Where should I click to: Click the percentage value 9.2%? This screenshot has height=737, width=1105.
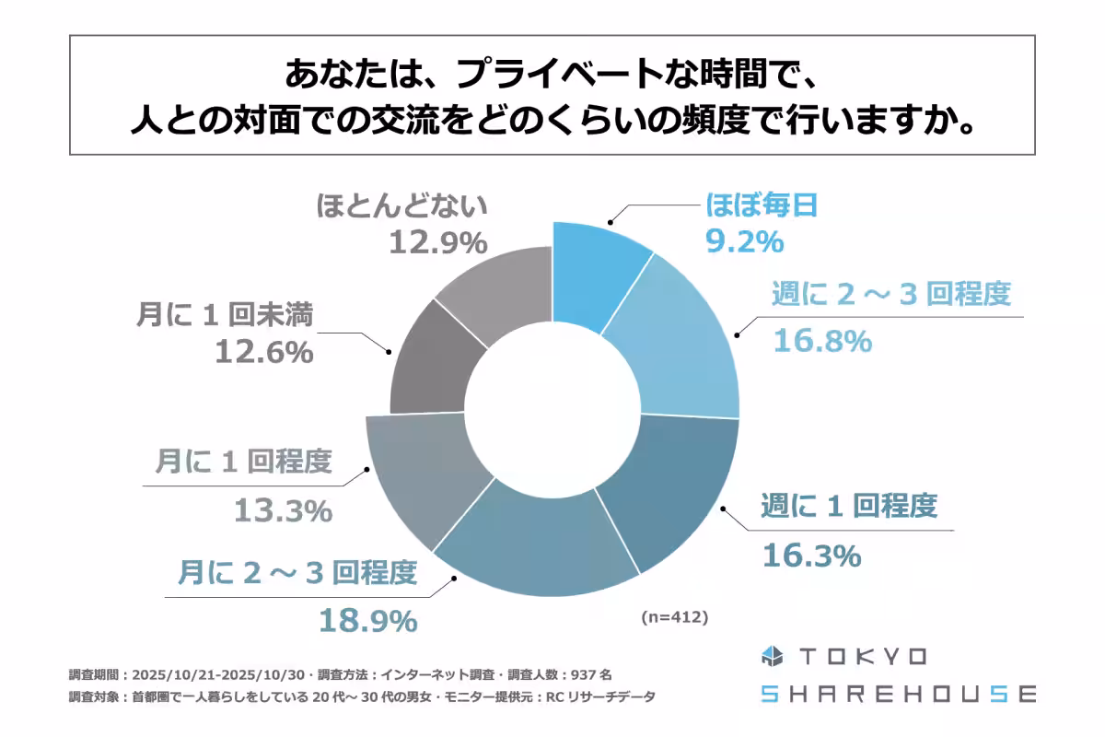744,242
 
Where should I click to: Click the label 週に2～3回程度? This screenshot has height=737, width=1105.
890,294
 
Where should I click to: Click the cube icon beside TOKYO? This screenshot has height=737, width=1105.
772,657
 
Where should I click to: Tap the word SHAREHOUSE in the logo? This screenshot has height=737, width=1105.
899,694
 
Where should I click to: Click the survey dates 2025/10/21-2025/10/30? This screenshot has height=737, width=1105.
217,673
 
